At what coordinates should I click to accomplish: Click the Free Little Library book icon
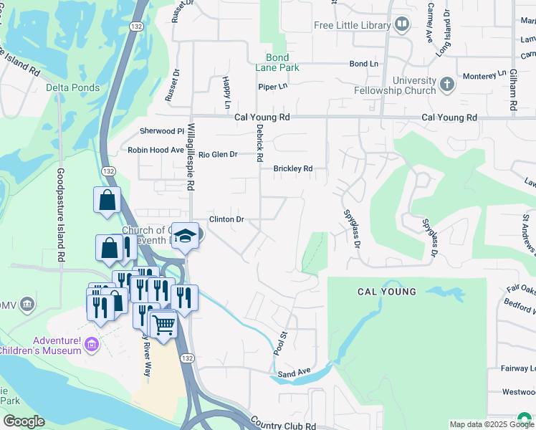402,26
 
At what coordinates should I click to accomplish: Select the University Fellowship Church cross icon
447,85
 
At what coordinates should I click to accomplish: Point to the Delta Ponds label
72,87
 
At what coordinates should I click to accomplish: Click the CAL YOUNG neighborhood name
387,292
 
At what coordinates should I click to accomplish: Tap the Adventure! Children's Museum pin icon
91,345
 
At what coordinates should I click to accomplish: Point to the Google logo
23,421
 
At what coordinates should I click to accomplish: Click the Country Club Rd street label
283,425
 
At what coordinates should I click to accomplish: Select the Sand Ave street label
294,372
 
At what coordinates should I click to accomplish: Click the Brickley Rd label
293,169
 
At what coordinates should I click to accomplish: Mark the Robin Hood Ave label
155,150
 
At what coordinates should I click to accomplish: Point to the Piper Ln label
272,87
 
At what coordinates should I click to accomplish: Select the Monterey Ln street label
485,74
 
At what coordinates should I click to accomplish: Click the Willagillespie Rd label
191,155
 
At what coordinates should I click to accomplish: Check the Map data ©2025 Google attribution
491,424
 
